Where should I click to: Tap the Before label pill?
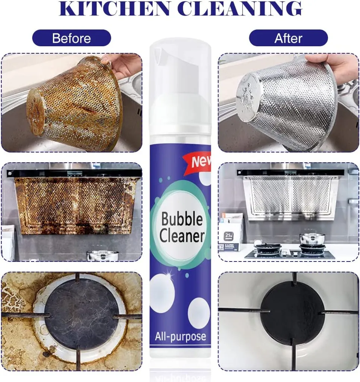(72, 38)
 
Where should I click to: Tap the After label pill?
(288, 38)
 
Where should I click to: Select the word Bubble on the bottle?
(182, 219)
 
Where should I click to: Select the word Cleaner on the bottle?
(182, 236)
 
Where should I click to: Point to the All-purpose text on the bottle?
(181, 337)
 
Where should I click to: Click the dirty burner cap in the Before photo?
(81, 314)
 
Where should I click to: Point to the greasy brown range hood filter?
(74, 206)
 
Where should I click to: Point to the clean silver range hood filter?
(291, 197)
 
